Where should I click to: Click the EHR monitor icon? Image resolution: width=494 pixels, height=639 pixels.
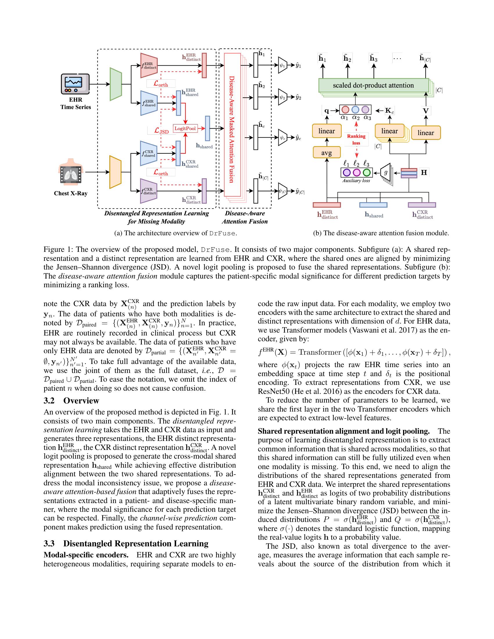[76, 84]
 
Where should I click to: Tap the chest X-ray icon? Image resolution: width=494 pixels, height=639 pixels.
[71, 172]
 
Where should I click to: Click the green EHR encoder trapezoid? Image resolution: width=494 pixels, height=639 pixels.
[116, 84]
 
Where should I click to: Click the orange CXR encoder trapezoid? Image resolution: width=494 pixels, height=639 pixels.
[115, 172]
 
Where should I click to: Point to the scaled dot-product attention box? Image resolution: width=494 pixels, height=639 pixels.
[373, 85]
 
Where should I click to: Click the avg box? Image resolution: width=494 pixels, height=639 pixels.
[327, 153]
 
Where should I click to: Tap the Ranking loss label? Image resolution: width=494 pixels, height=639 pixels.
[356, 139]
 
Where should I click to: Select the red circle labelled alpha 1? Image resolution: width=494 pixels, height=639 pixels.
[345, 110]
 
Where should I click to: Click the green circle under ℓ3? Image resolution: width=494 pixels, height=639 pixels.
[367, 172]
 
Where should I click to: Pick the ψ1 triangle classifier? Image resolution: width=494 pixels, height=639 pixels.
[282, 66]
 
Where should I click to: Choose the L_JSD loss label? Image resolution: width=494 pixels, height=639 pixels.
[161, 130]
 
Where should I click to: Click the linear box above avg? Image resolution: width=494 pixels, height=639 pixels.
[327, 131]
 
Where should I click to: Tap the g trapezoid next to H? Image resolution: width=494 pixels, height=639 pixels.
[386, 173]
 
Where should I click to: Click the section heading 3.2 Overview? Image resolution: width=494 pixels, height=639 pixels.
[71, 401]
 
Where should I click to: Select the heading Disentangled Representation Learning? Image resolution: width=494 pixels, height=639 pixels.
[136, 544]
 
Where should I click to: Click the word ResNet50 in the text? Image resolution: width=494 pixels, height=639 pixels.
[273, 392]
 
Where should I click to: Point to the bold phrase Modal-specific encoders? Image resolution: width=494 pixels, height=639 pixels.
[86, 555]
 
